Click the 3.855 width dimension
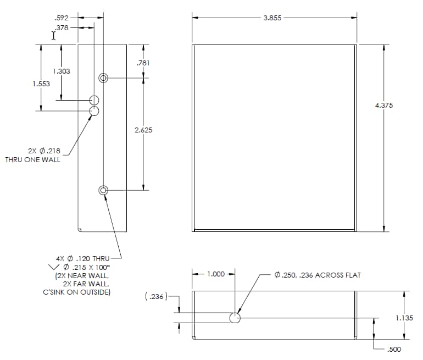(x=272, y=18)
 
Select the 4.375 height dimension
(x=383, y=106)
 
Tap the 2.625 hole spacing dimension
(x=143, y=130)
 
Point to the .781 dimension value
(x=143, y=63)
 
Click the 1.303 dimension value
(x=61, y=71)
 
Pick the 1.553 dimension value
(x=41, y=84)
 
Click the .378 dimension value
(x=62, y=27)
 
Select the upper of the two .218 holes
(x=94, y=100)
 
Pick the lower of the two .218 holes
(x=94, y=111)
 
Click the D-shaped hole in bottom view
(x=235, y=318)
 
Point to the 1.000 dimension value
(x=215, y=274)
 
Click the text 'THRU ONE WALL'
(x=33, y=160)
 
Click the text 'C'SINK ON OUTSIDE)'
(x=77, y=292)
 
